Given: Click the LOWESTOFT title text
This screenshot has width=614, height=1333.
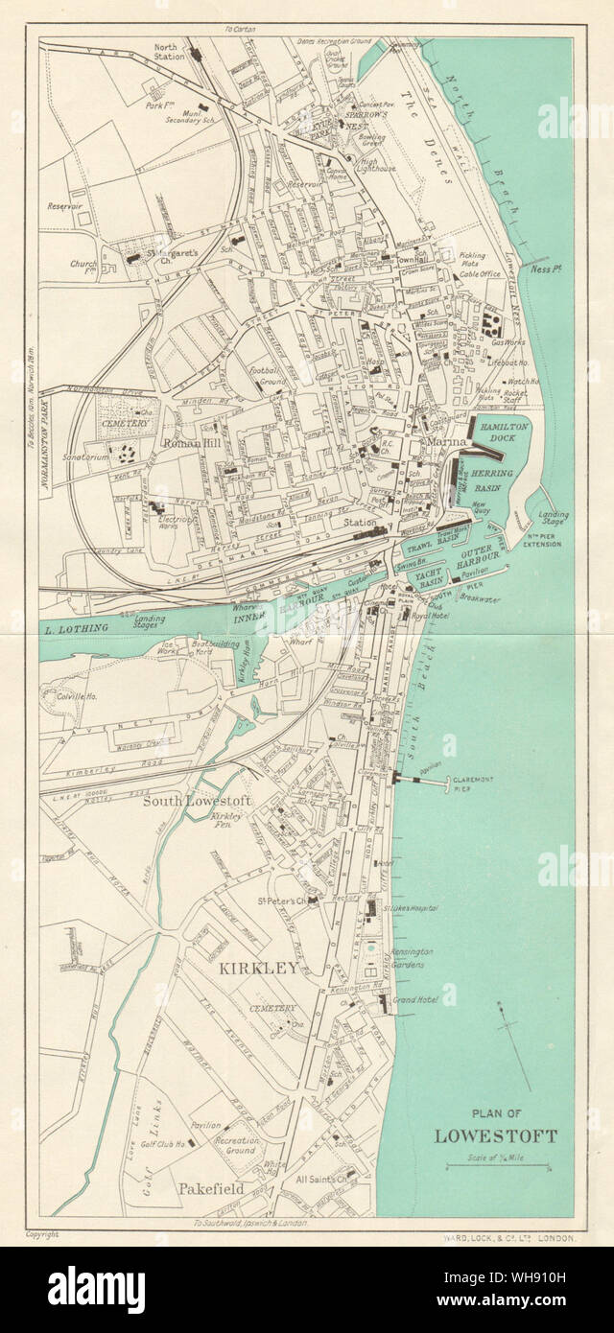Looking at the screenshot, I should point(495,1137).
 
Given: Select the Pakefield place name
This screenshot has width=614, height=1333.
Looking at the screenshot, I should point(210,1189).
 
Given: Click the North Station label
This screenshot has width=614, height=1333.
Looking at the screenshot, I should point(173,50).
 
